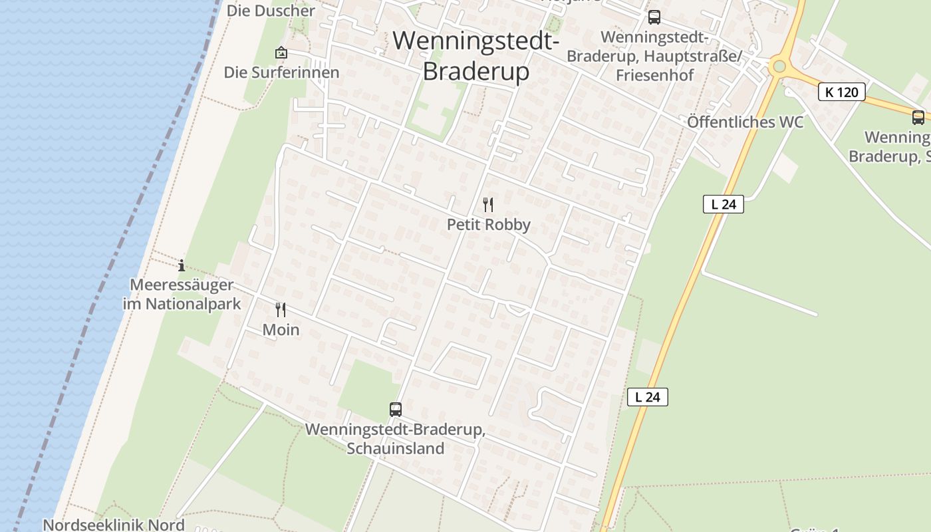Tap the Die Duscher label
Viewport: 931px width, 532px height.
[271, 11]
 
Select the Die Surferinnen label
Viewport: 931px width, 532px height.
[281, 72]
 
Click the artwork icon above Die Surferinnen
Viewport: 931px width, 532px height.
[281, 53]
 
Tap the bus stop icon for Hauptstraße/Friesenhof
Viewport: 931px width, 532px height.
[654, 17]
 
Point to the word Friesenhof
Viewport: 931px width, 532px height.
[654, 75]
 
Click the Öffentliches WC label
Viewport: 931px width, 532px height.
[745, 122]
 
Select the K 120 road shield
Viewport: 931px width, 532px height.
[841, 92]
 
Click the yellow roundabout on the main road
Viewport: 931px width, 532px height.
[778, 66]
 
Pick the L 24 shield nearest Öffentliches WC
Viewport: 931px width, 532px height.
[723, 204]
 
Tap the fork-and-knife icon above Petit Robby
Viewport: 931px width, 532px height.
[488, 204]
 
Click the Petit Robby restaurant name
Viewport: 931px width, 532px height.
[488, 225]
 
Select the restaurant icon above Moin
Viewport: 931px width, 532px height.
[281, 309]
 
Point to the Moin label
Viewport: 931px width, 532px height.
[281, 330]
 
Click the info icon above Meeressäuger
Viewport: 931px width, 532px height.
[182, 265]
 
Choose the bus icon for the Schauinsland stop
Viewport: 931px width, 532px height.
[396, 410]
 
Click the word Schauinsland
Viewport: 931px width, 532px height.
[395, 449]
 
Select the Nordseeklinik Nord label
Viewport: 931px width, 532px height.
[113, 525]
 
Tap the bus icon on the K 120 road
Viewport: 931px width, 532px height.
[918, 118]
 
